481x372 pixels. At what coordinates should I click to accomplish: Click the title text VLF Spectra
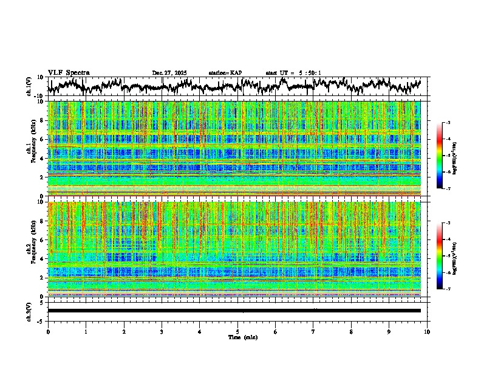[x=69, y=72]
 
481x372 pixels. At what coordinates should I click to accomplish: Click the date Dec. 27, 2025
[x=169, y=73]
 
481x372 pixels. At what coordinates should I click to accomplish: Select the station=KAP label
[x=225, y=73]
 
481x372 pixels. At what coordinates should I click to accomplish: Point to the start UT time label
[x=293, y=73]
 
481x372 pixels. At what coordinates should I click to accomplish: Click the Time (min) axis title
[x=242, y=337]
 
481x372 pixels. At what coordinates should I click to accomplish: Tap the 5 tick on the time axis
[x=237, y=331]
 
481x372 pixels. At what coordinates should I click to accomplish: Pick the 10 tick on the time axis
[x=427, y=331]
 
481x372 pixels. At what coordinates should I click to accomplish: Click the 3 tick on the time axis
[x=162, y=331]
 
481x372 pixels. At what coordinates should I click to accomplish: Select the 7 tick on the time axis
[x=313, y=331]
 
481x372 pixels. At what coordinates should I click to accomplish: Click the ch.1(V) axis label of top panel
[x=29, y=86]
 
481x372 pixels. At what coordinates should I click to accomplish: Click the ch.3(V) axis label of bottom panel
[x=29, y=311]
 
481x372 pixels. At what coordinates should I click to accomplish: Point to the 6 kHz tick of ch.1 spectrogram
[x=41, y=139]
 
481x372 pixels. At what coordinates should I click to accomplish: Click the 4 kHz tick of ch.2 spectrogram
[x=41, y=258]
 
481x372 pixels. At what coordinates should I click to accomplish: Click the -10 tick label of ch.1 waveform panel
[x=38, y=96]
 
